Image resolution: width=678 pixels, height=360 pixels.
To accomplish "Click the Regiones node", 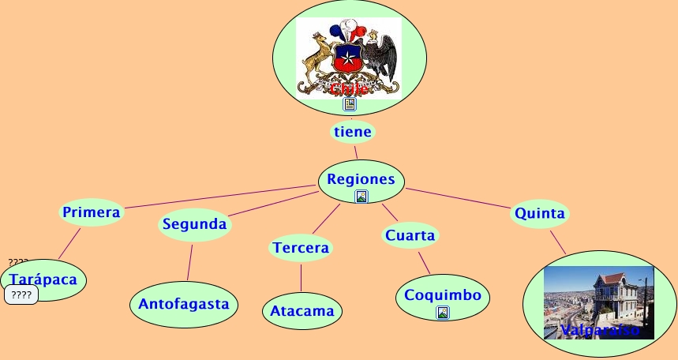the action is pos(361,178).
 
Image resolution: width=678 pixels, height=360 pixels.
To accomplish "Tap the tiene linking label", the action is pos(353,132).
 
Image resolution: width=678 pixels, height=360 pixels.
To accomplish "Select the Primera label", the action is pos(92,212).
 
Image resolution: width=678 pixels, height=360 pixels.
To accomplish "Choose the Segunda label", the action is pos(194,224).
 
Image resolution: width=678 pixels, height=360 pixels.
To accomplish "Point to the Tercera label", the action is pos(301,248).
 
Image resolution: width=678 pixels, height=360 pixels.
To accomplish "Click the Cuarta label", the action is pos(410,235).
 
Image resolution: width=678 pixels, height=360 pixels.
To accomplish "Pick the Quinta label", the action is pos(539,213).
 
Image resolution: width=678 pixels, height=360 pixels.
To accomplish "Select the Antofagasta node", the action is pos(184,303).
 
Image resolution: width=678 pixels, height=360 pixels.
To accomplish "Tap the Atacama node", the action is pos(302,311).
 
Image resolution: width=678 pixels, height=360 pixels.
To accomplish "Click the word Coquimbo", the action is pos(442,295).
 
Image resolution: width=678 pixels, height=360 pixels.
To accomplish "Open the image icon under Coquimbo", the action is pos(443,313).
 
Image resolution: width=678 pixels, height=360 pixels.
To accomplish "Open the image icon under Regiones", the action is pos(361,197).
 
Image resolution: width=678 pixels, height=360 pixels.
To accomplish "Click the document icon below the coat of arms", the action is pos(350,104).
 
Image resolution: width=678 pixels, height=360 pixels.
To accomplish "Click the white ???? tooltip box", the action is pos(21,295).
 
